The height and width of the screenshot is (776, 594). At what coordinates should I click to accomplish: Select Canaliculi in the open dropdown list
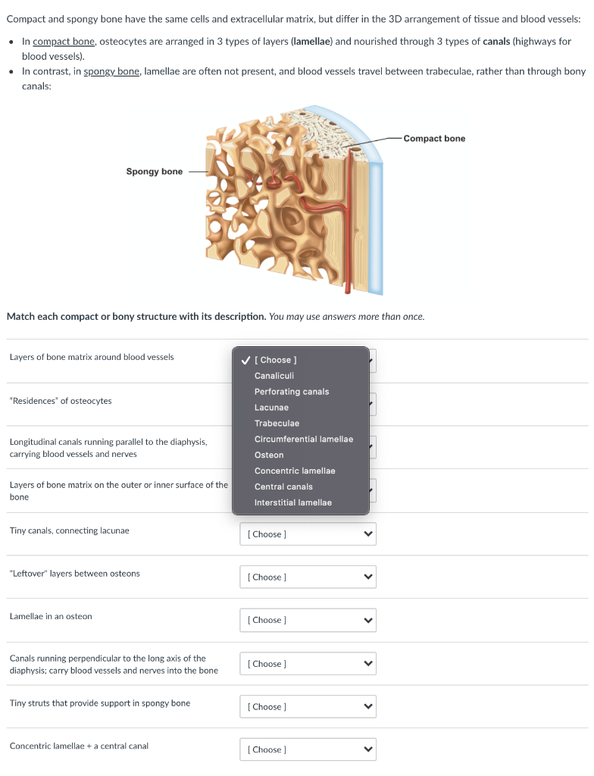click(274, 376)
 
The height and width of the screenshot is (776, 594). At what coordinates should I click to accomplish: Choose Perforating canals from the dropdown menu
click(291, 392)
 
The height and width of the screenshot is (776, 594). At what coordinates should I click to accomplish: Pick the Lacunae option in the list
click(271, 408)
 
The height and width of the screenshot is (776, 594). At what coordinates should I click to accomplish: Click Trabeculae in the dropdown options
click(277, 424)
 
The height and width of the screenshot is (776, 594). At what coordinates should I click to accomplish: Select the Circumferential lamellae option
click(303, 440)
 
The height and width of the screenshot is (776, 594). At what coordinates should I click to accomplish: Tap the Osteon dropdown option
click(269, 455)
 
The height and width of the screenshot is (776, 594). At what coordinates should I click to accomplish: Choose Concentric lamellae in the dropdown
click(295, 471)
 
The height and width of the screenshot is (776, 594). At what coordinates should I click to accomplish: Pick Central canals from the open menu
click(283, 487)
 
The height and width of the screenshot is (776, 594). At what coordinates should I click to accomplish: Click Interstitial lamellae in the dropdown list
click(292, 502)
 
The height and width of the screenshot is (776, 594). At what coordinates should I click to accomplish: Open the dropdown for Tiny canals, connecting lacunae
click(308, 534)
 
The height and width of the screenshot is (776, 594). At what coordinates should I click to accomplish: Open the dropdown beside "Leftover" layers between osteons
click(308, 577)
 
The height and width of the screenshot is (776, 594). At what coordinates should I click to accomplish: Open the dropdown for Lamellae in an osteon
click(308, 621)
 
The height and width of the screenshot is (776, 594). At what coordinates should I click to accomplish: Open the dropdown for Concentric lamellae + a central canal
click(308, 749)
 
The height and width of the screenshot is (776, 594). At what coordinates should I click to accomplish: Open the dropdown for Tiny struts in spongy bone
click(308, 707)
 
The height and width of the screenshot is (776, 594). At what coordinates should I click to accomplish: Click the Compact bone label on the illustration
click(434, 139)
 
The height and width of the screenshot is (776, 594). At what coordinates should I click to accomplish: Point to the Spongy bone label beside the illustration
click(154, 171)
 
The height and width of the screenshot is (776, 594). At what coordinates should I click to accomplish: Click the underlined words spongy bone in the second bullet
click(112, 71)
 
